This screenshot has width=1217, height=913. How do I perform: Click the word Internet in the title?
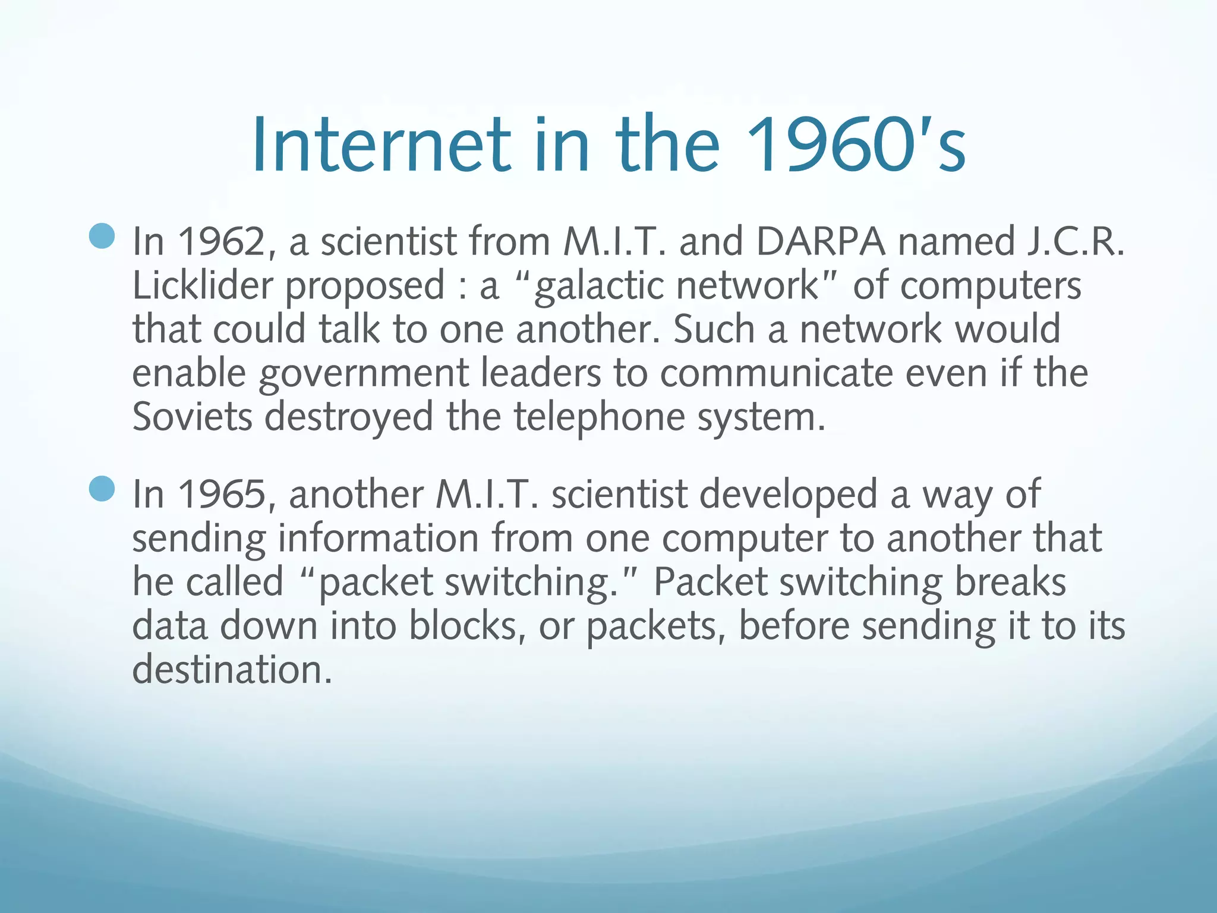pyautogui.click(x=381, y=145)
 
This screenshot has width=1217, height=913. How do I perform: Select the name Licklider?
pyautogui.click(x=202, y=286)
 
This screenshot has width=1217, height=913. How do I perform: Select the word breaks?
pyautogui.click(x=1010, y=582)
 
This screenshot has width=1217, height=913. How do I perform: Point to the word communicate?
pyautogui.click(x=776, y=373)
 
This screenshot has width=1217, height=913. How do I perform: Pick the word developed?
pyautogui.click(x=788, y=496)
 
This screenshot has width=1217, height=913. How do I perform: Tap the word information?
pyautogui.click(x=378, y=539)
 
